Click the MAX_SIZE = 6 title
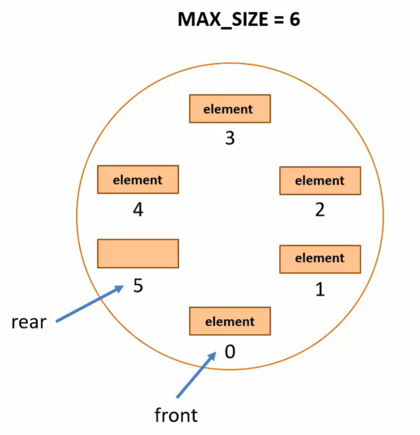(238, 20)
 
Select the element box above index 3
(230, 108)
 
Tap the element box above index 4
(138, 180)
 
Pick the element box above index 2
(320, 180)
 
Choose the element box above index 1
(320, 258)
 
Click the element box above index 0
(230, 321)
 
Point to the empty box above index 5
(138, 253)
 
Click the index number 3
(230, 139)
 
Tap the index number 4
(138, 210)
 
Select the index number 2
(320, 210)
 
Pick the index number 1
(320, 289)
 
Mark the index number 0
(230, 352)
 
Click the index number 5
(138, 286)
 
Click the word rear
(28, 322)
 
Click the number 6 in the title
(294, 20)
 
